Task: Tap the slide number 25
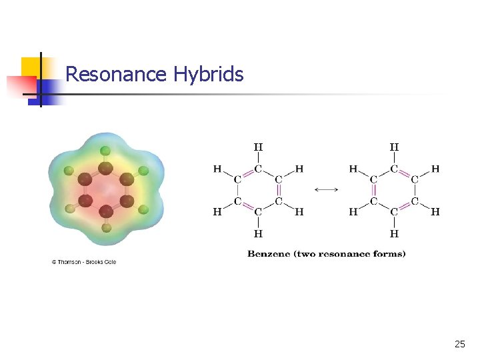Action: coord(459,344)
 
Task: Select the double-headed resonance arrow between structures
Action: coord(326,190)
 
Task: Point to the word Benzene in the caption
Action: coord(269,253)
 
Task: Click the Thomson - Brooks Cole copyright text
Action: coord(84,262)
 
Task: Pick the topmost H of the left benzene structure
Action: coord(258,147)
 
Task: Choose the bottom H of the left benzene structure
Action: coord(258,234)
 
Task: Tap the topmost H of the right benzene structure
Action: coord(394,147)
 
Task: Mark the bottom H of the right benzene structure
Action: coord(394,234)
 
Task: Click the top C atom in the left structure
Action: coord(258,169)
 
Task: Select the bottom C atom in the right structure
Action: coord(394,212)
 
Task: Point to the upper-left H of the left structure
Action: coord(217,169)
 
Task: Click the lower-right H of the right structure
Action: coord(435,212)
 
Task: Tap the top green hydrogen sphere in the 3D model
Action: coord(105,150)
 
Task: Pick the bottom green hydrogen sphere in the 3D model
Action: coord(106,228)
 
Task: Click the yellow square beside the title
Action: coord(31,67)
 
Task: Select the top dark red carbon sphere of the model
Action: coord(105,168)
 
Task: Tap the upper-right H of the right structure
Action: coord(435,169)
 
